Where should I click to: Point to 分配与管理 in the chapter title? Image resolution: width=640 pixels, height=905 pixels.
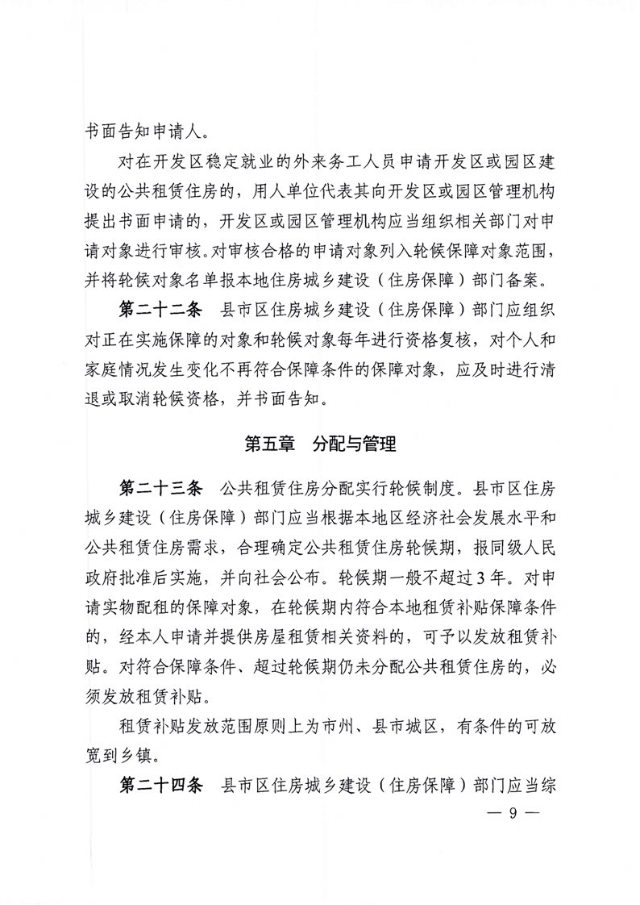click(x=354, y=444)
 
